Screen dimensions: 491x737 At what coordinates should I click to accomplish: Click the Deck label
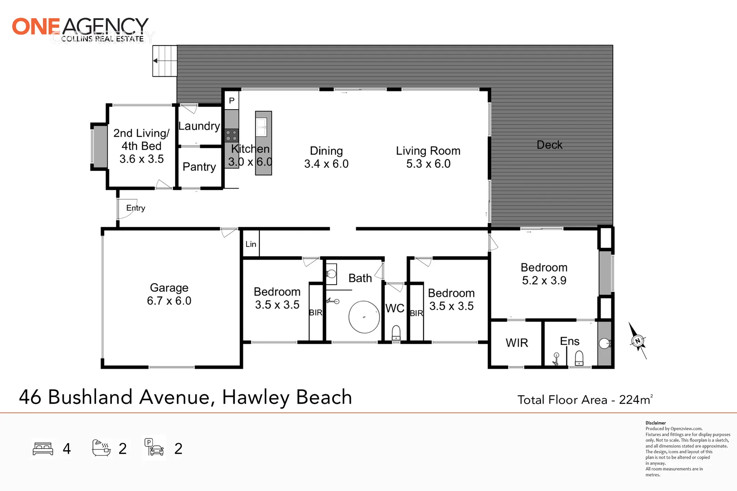[550, 145]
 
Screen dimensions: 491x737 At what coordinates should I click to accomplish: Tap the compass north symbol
[637, 341]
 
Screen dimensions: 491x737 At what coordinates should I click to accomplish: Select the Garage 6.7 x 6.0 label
[169, 294]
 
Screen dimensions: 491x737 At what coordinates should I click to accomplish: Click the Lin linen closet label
[251, 244]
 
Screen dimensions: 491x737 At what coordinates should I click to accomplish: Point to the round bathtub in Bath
[364, 317]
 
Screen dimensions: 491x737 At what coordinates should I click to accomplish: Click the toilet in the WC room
[396, 332]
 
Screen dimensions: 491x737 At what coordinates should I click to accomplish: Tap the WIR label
[517, 343]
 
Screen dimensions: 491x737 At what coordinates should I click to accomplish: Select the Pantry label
[199, 167]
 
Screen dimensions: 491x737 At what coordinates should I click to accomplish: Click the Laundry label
[199, 126]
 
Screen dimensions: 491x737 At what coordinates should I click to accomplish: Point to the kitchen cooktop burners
[232, 135]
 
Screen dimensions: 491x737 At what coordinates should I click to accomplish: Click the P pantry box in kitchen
[232, 100]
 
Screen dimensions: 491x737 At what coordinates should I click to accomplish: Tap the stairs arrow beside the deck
[156, 61]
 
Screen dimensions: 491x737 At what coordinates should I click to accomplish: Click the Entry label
[136, 208]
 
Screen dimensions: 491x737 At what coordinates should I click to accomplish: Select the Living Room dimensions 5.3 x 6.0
[428, 164]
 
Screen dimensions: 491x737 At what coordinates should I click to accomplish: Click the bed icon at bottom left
[43, 449]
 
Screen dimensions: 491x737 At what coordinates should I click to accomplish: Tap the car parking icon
[155, 448]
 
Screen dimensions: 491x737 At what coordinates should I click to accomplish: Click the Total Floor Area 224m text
[585, 400]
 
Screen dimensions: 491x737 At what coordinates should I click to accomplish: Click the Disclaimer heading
[656, 423]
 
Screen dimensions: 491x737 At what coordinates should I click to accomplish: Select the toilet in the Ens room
[579, 358]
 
